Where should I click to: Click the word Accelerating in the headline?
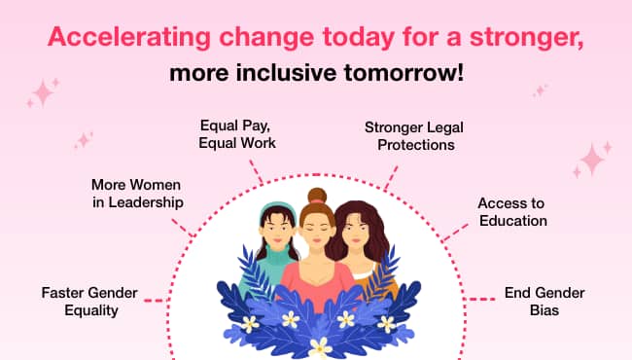pos(129,38)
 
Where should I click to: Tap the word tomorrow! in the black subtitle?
pos(404,73)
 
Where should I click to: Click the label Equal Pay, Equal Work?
pos(237,134)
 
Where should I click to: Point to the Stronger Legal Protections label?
pos(414,136)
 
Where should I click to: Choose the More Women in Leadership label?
pos(137,194)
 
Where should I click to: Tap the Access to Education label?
pos(512,212)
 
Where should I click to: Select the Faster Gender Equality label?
pos(89,302)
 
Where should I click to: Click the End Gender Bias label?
pos(544,302)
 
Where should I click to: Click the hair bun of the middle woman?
pos(317,196)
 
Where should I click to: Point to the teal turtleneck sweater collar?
pos(277,252)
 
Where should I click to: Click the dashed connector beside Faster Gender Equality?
pos(155,301)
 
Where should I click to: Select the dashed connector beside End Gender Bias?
pos(481,299)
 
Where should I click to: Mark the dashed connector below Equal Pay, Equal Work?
pos(256,172)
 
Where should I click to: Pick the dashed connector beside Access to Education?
pos(455,233)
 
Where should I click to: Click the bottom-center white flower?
pos(320,347)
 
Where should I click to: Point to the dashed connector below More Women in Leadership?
pos(182,228)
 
